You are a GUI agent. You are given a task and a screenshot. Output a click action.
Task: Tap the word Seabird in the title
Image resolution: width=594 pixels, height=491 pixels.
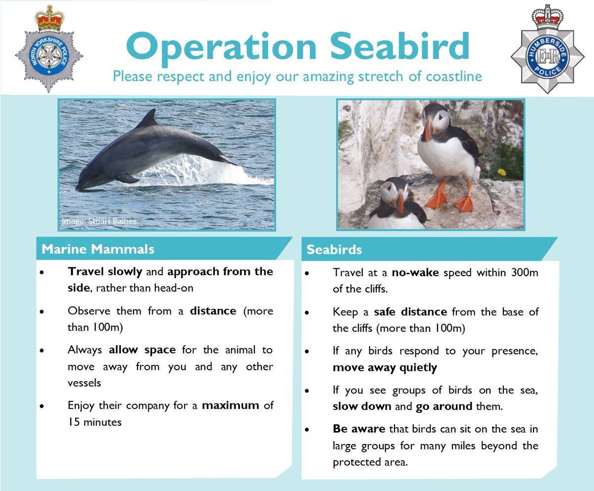pyautogui.click(x=400, y=48)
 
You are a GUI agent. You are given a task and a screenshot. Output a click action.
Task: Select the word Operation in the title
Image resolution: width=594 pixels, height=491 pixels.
pyautogui.click(x=221, y=48)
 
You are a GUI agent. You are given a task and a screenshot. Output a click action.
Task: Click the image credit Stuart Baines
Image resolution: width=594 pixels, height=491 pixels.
pyautogui.click(x=99, y=221)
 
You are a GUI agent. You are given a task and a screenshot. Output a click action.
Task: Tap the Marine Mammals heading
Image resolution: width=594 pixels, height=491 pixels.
pyautogui.click(x=98, y=249)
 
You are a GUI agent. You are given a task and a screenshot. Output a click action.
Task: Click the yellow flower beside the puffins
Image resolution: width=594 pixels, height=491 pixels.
pyautogui.click(x=501, y=173)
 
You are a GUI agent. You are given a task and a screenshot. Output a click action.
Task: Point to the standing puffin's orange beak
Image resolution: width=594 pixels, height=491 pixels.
pyautogui.click(x=428, y=130)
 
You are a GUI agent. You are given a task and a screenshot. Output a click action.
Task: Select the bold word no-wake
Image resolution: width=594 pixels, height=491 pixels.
pyautogui.click(x=415, y=273)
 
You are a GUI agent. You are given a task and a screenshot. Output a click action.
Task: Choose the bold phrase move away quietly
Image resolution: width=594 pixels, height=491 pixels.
pyautogui.click(x=385, y=368)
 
